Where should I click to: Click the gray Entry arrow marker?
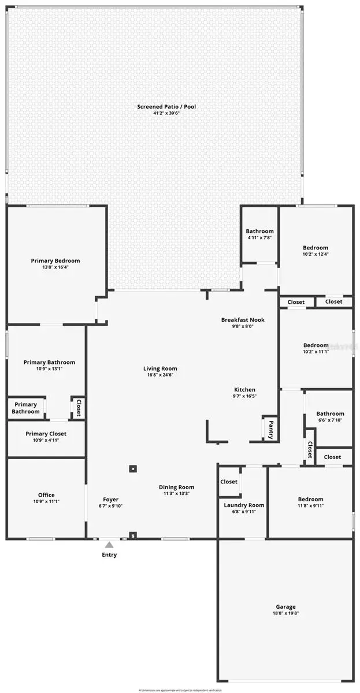(109, 544)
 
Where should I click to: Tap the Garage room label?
(285, 607)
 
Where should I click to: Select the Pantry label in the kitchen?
(270, 429)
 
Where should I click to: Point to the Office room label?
(46, 495)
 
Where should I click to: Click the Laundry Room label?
(244, 505)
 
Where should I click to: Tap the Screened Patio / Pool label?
(166, 106)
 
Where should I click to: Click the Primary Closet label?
(46, 434)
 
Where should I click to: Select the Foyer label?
(111, 500)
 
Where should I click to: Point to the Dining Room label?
(176, 487)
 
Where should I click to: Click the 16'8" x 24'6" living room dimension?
(161, 375)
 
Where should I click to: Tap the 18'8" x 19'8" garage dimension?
(285, 613)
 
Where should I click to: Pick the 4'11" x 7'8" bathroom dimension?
(259, 237)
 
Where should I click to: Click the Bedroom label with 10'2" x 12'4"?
(316, 248)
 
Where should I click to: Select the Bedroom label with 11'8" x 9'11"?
(310, 500)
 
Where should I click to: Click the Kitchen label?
(244, 390)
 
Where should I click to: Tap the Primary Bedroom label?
(55, 261)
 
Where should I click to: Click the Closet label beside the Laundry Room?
(229, 482)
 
